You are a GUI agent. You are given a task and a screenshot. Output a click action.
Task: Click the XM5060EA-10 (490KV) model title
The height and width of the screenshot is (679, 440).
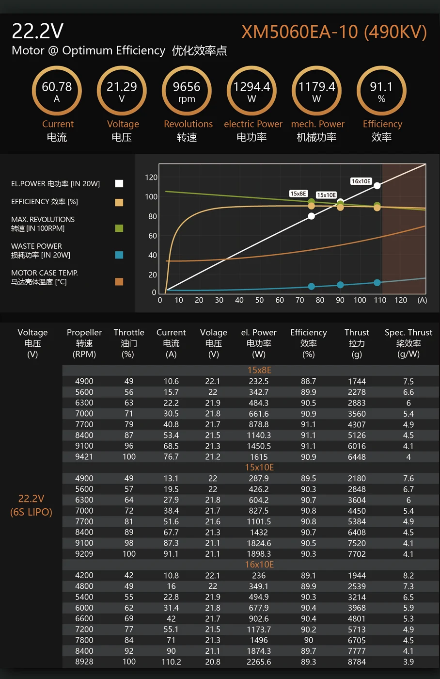(x=334, y=32)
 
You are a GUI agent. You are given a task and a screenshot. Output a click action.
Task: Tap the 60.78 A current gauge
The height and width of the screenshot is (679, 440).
(x=57, y=91)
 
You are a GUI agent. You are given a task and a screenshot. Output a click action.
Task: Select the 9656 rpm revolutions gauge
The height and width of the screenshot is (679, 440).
(x=187, y=91)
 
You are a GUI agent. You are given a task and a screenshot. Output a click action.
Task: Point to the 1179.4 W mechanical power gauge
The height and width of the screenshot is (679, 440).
(x=316, y=91)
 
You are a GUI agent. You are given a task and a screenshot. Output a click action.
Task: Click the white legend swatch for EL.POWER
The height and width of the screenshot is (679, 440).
(x=119, y=183)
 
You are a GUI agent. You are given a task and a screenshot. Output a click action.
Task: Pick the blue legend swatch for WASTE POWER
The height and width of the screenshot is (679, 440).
(x=119, y=255)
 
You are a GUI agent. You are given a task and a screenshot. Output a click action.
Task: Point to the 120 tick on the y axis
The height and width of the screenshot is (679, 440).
(x=151, y=178)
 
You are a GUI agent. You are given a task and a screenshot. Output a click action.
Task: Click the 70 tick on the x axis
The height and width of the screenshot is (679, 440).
(x=300, y=300)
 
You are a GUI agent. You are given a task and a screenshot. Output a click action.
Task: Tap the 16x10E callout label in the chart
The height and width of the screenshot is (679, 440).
(x=361, y=181)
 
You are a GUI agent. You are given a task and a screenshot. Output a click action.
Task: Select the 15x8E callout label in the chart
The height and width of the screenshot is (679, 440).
(x=298, y=194)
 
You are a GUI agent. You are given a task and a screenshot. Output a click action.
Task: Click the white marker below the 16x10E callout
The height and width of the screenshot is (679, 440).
(x=377, y=186)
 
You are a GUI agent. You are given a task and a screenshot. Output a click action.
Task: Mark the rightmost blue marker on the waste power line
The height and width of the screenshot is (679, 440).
(x=377, y=282)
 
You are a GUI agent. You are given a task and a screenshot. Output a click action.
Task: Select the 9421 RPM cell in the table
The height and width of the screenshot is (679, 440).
(x=84, y=457)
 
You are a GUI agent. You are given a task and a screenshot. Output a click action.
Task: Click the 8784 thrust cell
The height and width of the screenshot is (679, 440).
(x=357, y=662)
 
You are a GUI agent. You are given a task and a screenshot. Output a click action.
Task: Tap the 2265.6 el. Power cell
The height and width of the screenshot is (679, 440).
(x=259, y=662)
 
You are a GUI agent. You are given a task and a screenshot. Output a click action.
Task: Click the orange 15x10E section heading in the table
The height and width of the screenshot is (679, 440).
(x=259, y=468)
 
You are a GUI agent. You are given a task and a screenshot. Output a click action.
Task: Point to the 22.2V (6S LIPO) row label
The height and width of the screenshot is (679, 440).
(x=31, y=505)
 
